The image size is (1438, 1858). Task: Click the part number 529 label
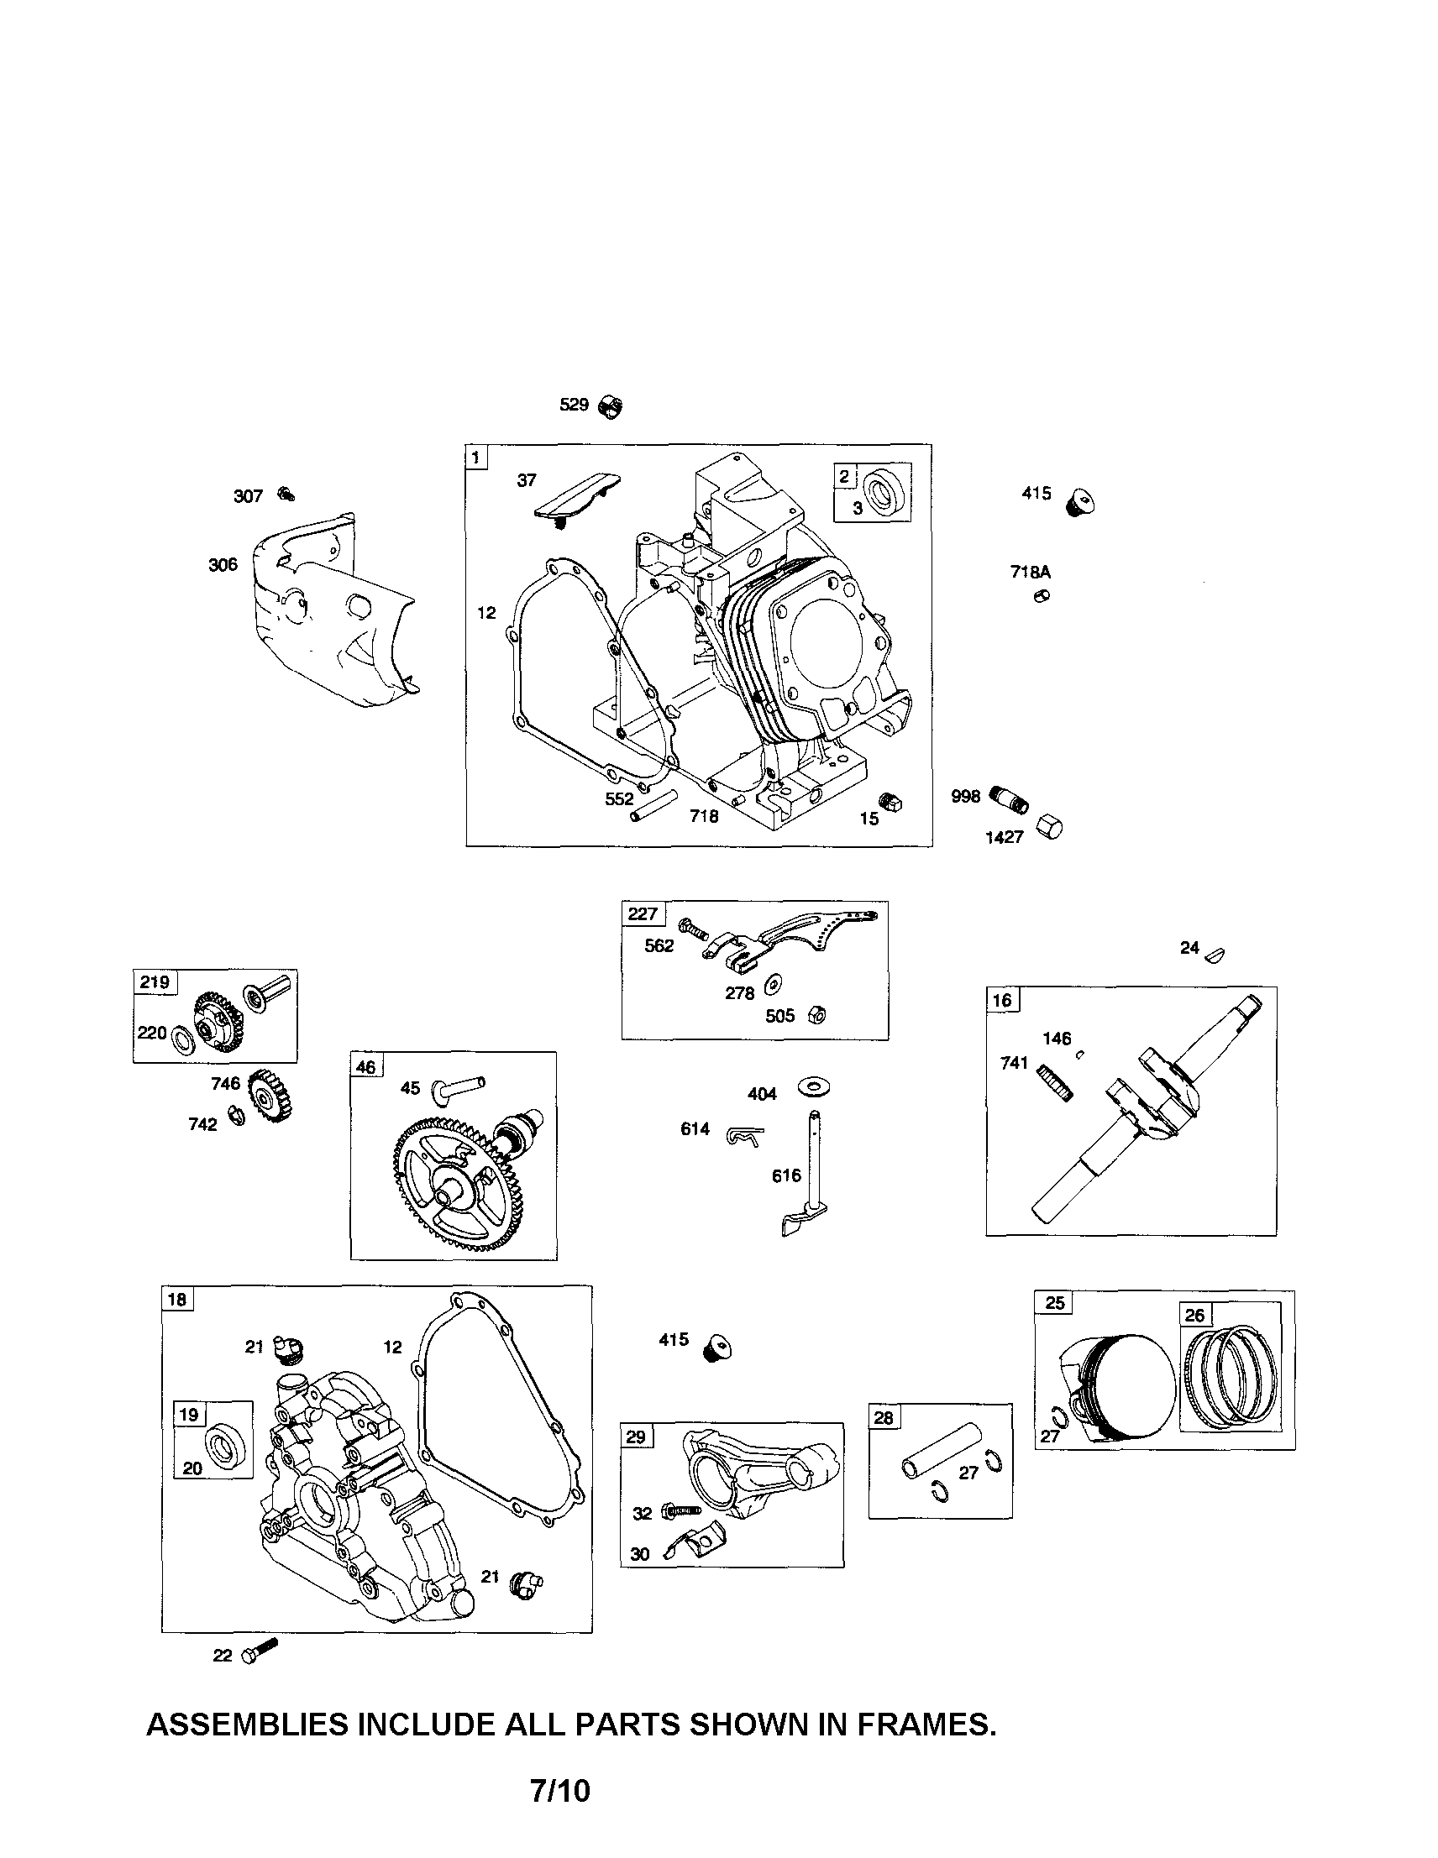coord(574,405)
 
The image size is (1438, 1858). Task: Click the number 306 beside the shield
coord(223,565)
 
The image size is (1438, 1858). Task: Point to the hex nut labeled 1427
coord(1050,826)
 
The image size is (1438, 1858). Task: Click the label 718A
coord(1030,573)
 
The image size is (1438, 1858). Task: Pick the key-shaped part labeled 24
coord(1217,953)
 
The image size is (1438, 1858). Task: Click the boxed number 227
coord(643,913)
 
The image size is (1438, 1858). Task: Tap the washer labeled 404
coord(814,1086)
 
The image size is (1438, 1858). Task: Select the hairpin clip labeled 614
coord(745,1134)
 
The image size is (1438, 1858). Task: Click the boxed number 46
coord(367,1067)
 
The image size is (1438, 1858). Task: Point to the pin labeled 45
coord(459,1086)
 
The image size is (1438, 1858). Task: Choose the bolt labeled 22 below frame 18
coord(260,1652)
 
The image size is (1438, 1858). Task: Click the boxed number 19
coord(189,1414)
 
